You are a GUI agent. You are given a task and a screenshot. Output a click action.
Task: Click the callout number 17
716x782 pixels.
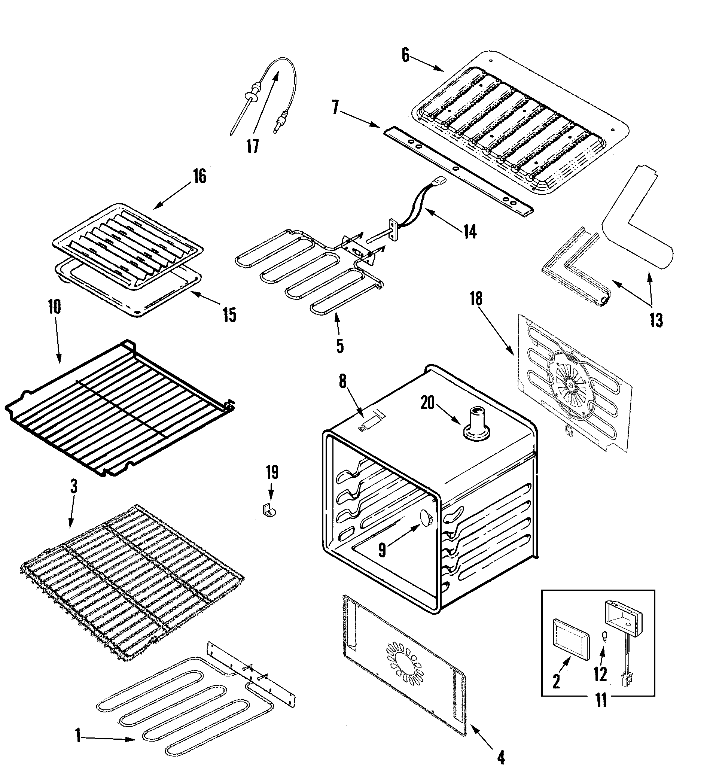[253, 147]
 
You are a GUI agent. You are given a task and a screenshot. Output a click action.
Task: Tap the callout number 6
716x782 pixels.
[405, 55]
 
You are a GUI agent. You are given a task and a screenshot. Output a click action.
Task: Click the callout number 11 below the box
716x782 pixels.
[601, 700]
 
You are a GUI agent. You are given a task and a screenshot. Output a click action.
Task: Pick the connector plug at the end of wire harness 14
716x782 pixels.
[440, 181]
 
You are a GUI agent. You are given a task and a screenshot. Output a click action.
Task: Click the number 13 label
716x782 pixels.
[656, 320]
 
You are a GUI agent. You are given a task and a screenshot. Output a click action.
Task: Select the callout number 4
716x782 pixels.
[501, 757]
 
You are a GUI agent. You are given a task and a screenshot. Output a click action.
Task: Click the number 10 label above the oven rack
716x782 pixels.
[55, 307]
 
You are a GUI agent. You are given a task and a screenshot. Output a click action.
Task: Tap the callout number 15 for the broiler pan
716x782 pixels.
[229, 315]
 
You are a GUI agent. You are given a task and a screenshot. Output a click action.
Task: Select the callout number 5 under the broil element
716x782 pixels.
[340, 345]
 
